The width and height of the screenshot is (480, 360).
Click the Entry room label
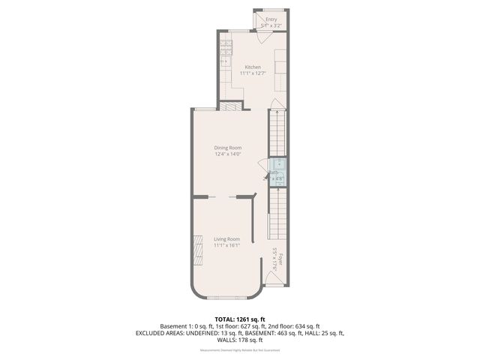click(271, 19)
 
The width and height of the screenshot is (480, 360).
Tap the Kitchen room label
click(253, 67)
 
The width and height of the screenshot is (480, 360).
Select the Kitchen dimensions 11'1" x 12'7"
click(253, 73)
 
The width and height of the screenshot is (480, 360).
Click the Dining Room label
click(227, 148)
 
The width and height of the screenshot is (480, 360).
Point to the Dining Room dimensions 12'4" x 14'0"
click(227, 154)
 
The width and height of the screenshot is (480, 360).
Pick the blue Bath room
click(277, 170)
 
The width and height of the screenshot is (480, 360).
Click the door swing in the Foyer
click(274, 280)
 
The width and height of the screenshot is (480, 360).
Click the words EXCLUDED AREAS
click(161, 332)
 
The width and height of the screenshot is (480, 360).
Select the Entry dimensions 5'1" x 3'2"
click(271, 25)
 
